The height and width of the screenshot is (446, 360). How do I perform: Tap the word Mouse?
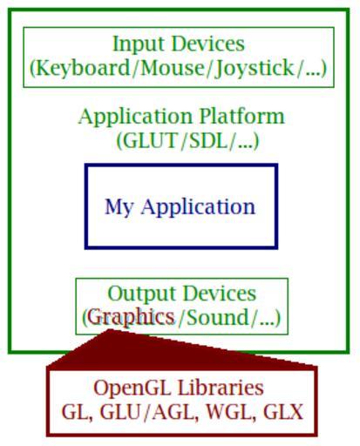click(x=173, y=68)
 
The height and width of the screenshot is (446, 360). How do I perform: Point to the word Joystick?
click(x=254, y=69)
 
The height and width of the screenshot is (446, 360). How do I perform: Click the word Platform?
click(x=241, y=116)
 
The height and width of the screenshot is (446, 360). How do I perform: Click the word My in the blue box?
click(x=119, y=208)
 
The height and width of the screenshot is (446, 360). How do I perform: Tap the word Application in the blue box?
click(x=198, y=207)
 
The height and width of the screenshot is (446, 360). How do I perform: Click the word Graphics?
click(x=131, y=318)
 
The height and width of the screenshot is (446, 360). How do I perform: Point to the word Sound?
click(x=217, y=317)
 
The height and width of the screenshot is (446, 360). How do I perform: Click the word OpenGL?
click(x=132, y=389)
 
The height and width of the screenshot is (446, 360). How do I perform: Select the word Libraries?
click(x=221, y=388)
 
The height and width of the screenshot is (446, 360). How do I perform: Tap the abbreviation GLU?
click(x=120, y=412)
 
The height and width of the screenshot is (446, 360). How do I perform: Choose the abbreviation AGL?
click(x=173, y=412)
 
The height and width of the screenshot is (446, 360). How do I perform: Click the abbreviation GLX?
click(x=283, y=412)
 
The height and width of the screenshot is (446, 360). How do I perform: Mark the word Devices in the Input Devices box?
click(x=208, y=44)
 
